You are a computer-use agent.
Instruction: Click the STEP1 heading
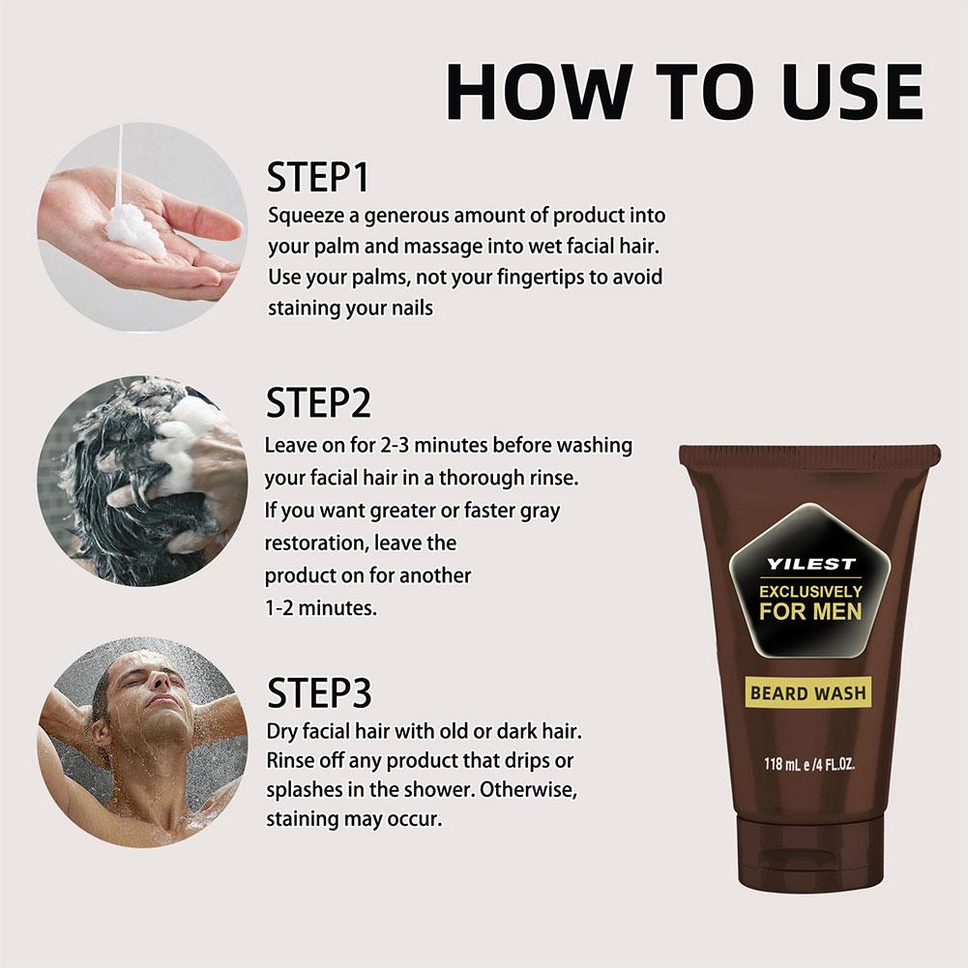coord(318,177)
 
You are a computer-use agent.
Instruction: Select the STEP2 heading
coord(318,402)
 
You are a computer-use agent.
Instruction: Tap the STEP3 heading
coord(319,692)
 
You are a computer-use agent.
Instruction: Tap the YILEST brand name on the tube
coord(810,564)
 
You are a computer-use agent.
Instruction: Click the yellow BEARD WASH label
coord(808,693)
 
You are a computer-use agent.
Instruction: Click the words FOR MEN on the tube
coord(810,611)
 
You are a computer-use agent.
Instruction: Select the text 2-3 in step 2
coord(394,445)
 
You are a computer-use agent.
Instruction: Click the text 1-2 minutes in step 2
coord(320,608)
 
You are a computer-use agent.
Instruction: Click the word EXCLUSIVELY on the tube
coord(810,592)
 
